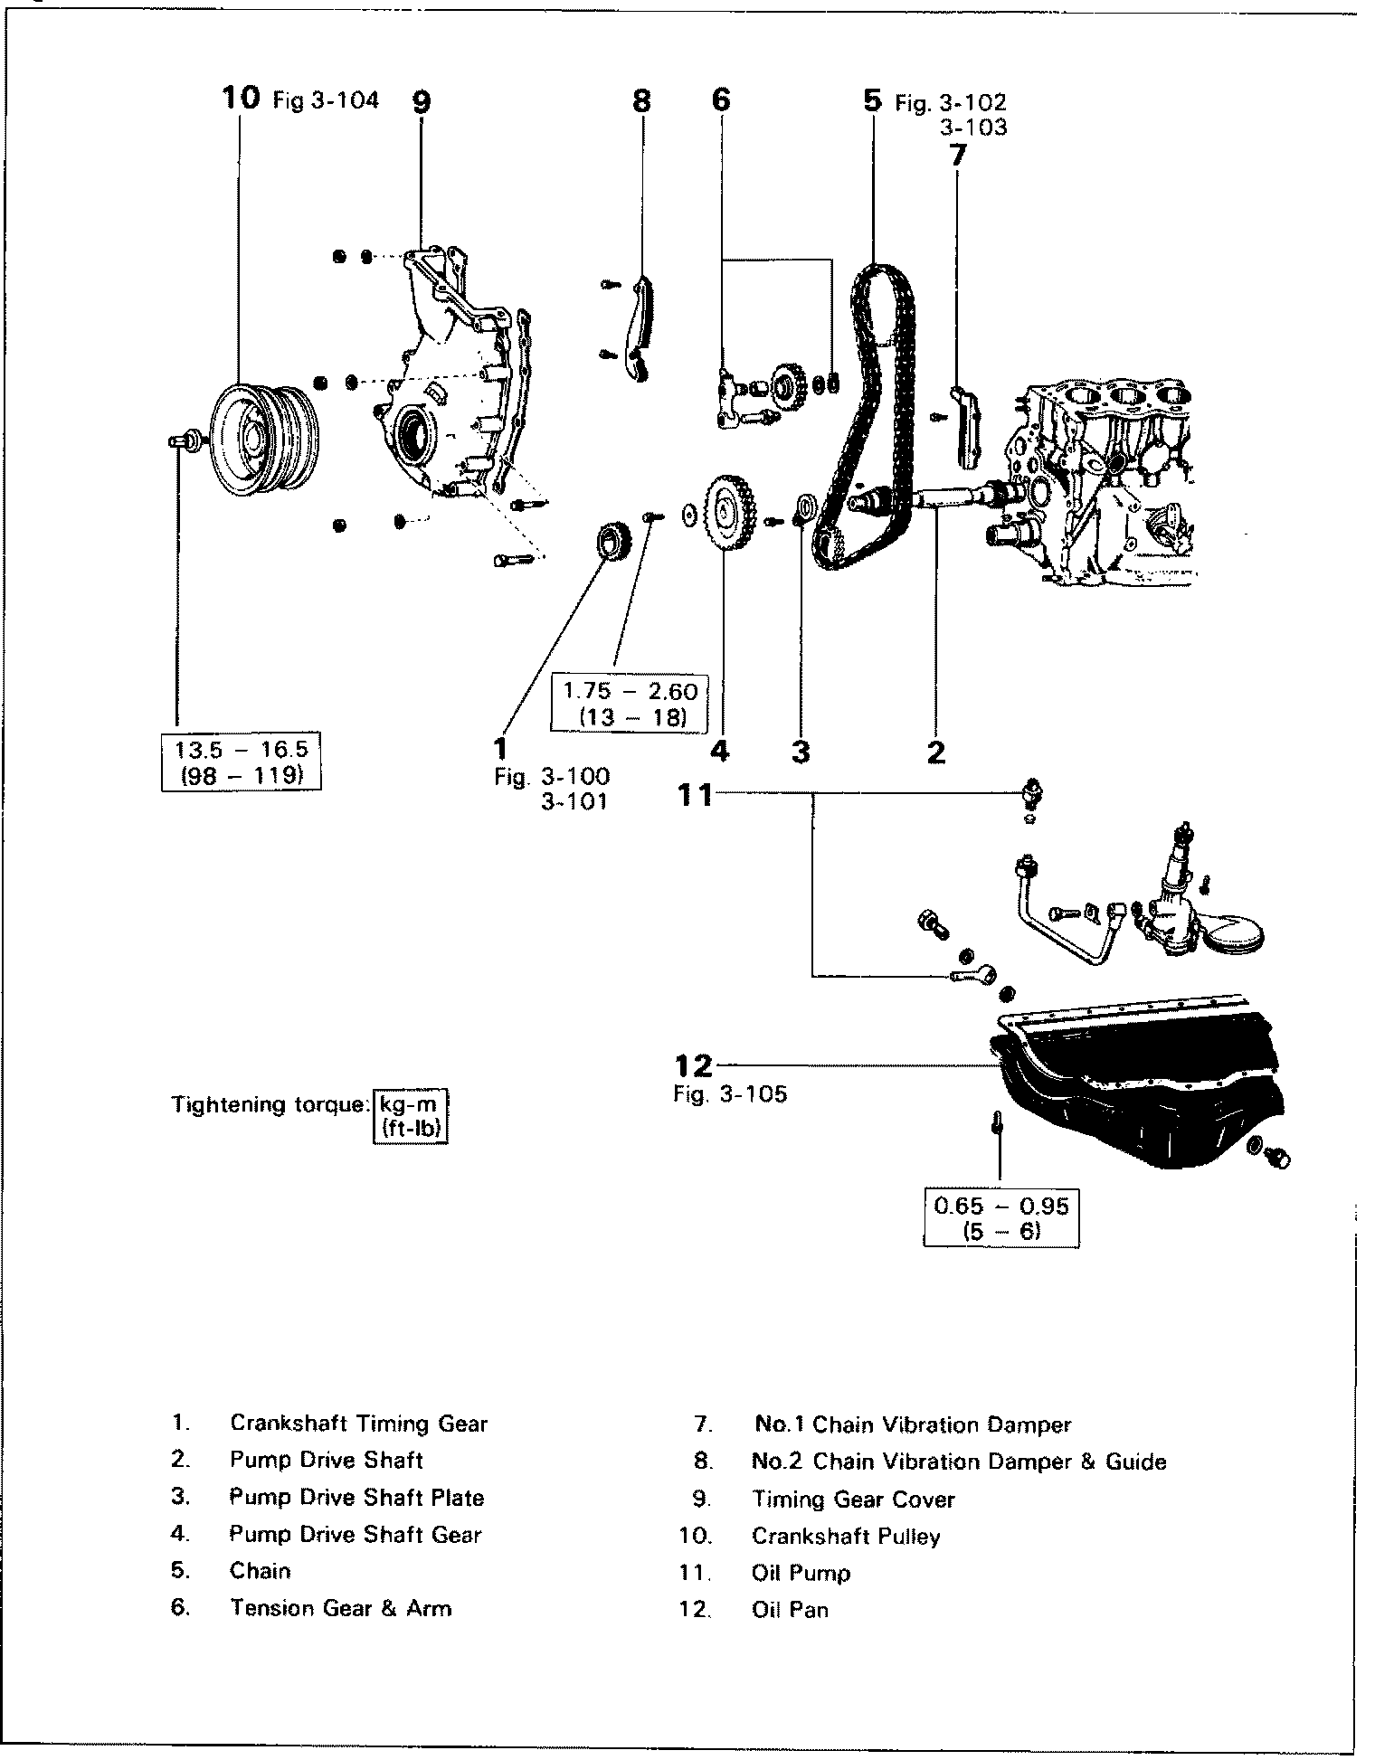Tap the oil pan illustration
(x=1140, y=1085)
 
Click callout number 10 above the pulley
(x=241, y=98)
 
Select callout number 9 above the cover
(x=422, y=101)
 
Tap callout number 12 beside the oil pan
(x=695, y=1065)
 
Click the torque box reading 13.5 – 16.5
(x=242, y=763)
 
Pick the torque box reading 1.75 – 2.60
(x=631, y=704)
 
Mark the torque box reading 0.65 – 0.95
(x=1001, y=1218)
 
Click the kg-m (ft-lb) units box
(x=411, y=1117)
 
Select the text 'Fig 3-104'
(x=326, y=99)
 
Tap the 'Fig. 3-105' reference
(x=730, y=1094)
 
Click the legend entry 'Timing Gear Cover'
(x=853, y=1499)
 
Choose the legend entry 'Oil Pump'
(x=801, y=1573)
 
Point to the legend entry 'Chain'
(x=261, y=1570)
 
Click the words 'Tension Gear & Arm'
(x=340, y=1608)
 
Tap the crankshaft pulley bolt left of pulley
(x=184, y=440)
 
